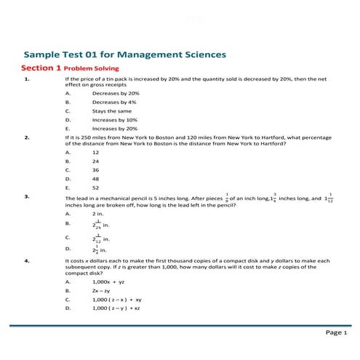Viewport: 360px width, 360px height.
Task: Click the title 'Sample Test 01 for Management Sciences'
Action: tap(124, 55)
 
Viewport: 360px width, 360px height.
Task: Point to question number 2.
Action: tap(27, 136)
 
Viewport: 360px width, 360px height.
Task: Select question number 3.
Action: tap(27, 196)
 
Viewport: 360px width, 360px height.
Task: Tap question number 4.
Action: tap(27, 260)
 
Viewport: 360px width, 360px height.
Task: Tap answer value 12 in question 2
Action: tap(95, 153)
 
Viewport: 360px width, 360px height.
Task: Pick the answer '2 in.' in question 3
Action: tap(97, 215)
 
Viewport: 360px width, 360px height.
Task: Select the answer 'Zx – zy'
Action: tap(103, 290)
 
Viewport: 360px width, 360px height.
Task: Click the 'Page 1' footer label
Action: tap(336, 332)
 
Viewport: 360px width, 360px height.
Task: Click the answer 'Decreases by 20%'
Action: tap(115, 94)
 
